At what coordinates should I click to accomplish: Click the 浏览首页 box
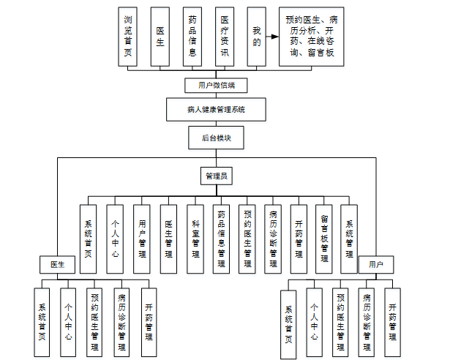(x=128, y=37)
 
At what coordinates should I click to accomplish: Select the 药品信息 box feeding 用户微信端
(x=192, y=37)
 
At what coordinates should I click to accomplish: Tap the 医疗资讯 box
(x=225, y=37)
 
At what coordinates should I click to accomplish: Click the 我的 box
(x=256, y=37)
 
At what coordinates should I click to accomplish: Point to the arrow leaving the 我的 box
(x=271, y=36)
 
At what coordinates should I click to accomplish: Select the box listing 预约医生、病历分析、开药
(x=311, y=37)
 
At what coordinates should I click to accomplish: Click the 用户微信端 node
(x=216, y=85)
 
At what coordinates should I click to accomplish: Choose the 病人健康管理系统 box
(x=216, y=110)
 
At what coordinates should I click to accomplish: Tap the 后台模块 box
(x=216, y=136)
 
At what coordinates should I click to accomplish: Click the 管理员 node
(x=217, y=176)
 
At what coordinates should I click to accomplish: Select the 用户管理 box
(x=142, y=238)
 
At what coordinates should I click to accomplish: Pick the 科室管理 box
(x=195, y=238)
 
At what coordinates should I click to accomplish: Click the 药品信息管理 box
(x=221, y=238)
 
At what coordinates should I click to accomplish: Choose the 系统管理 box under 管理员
(x=350, y=238)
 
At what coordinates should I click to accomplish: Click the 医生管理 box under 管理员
(x=168, y=238)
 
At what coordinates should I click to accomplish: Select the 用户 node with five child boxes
(x=376, y=263)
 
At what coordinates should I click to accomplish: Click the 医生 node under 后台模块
(x=57, y=263)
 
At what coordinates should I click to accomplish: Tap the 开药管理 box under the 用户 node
(x=393, y=320)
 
